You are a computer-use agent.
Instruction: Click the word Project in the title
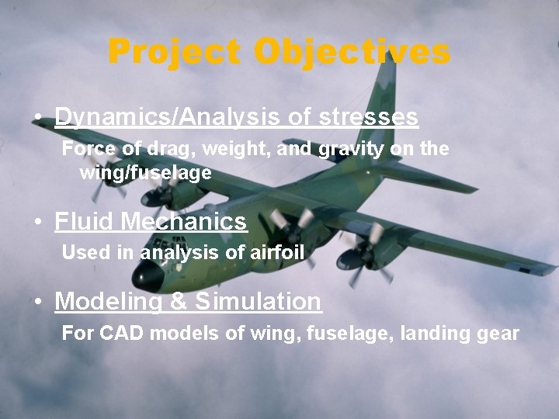coord(177,53)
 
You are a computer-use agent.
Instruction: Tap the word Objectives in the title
coord(352,53)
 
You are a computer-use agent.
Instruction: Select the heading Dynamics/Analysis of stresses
coord(236,117)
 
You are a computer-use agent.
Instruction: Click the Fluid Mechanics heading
coord(151,222)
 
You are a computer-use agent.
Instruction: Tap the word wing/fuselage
coord(145,173)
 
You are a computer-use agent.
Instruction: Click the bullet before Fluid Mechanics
coord(38,223)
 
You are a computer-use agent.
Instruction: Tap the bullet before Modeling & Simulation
coord(38,301)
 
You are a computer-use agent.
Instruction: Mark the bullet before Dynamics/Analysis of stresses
coord(38,118)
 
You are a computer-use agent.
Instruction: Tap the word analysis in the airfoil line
coord(171,252)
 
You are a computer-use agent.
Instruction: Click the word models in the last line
coord(185,334)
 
